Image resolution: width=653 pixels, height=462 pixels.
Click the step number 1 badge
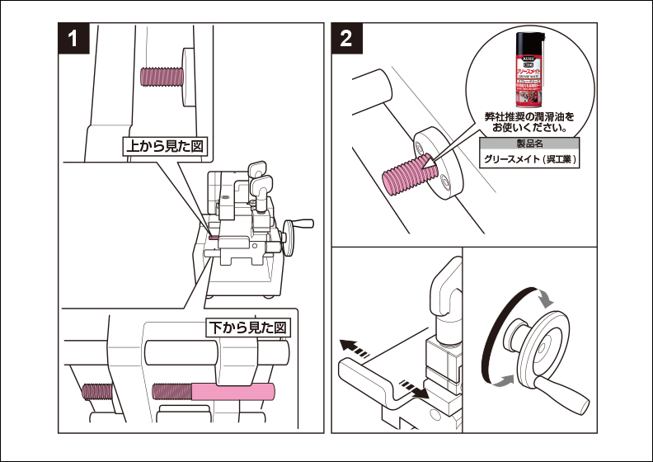tap(74, 39)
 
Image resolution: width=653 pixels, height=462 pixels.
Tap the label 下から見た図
tap(247, 328)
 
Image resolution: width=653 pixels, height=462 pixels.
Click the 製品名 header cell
tap(529, 144)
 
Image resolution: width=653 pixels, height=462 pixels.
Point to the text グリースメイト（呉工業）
tap(529, 159)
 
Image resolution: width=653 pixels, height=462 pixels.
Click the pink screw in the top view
tap(162, 78)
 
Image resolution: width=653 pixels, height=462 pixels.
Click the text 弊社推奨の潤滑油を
tap(528, 117)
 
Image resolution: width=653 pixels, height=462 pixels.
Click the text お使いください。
tap(528, 129)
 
